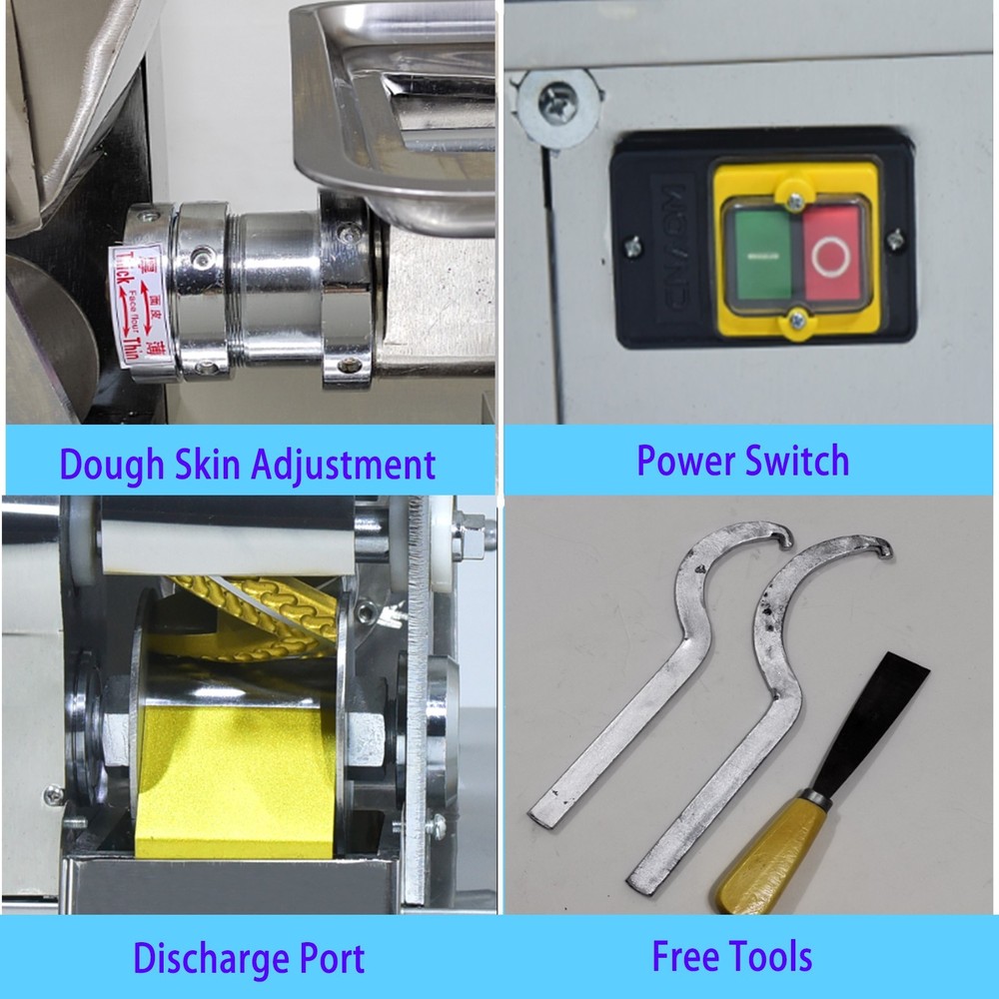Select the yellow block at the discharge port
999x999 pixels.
[234, 779]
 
